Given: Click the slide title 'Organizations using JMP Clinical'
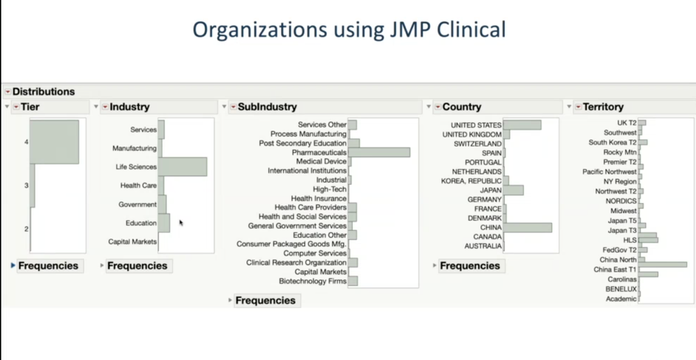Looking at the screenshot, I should pos(348,30).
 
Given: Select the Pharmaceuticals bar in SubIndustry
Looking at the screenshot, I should pos(379,152).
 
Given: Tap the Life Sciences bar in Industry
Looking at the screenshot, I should pos(182,167).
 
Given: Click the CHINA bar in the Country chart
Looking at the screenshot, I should pos(527,227).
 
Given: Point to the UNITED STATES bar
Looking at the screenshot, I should pos(522,125).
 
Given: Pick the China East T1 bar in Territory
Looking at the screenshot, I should pos(663,265).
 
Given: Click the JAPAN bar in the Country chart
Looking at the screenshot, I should pos(513,190).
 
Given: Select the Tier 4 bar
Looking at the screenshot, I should pos(54,142).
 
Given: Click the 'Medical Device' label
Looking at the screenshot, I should pos(321,162).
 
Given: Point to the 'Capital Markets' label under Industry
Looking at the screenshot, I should pos(133,242).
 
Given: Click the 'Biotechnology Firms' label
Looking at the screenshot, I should pos(312,281).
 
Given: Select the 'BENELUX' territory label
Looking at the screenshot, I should pos(621,289).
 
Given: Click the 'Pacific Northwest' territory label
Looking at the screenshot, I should pos(610,172).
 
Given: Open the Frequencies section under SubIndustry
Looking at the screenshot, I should pos(265,301).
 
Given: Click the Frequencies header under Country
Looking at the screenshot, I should pos(469,266).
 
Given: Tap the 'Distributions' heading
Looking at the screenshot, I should pos(43,91).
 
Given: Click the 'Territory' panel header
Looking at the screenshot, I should pos(603,107).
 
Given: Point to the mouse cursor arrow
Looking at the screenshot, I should pos(181,223).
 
